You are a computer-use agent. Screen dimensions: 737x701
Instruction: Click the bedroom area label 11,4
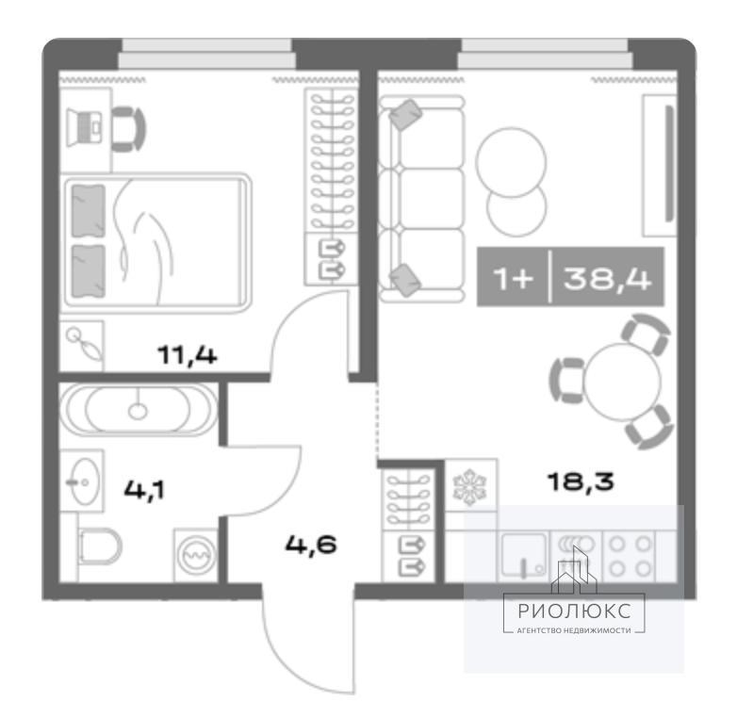point(187,355)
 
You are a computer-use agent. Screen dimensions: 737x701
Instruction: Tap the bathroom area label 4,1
point(144,491)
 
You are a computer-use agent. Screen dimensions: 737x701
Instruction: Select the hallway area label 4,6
point(311,545)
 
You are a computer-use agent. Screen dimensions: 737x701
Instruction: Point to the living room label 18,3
point(581,481)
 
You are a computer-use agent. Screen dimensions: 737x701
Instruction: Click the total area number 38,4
point(607,278)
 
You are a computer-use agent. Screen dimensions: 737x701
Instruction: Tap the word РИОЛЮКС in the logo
point(574,611)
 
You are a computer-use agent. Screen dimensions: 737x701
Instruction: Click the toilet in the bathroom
point(100,547)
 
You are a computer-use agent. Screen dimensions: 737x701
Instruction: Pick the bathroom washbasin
point(83,481)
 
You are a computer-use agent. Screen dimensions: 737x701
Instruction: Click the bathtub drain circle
point(138,412)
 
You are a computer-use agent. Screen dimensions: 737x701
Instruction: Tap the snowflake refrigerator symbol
point(469,489)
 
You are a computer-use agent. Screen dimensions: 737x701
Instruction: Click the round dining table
point(622,382)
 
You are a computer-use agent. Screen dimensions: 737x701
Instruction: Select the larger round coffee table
point(511,163)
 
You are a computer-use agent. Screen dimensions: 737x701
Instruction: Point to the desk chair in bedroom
point(128,128)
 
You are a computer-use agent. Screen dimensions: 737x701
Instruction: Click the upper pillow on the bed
point(89,211)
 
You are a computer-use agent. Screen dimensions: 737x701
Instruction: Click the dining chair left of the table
point(565,380)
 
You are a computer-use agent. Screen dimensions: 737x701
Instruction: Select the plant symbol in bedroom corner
point(85,344)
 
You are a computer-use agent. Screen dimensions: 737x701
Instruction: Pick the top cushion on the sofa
point(406,115)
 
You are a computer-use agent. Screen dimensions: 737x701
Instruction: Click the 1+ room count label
point(514,279)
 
